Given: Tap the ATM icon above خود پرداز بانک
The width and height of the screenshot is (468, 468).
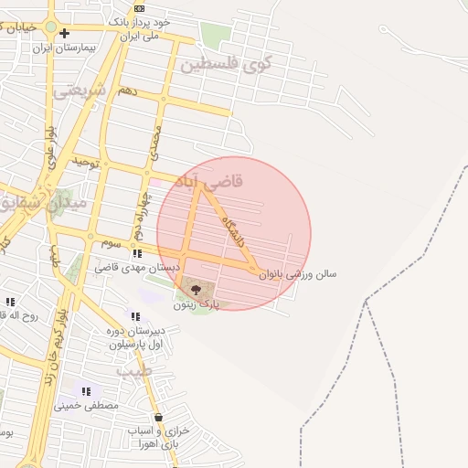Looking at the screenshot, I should (138, 7).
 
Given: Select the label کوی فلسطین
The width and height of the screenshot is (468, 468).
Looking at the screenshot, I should (226, 64).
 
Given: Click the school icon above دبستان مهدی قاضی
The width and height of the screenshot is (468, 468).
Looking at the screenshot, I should (136, 254).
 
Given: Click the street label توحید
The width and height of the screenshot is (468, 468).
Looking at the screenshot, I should (85, 162).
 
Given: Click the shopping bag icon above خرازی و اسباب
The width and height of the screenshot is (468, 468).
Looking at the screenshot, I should (158, 417).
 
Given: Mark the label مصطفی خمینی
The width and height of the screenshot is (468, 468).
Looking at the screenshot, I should (95, 405).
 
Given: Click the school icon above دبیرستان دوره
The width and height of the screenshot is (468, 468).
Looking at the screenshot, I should (135, 317).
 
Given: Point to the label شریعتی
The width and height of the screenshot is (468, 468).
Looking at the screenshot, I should (80, 90).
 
